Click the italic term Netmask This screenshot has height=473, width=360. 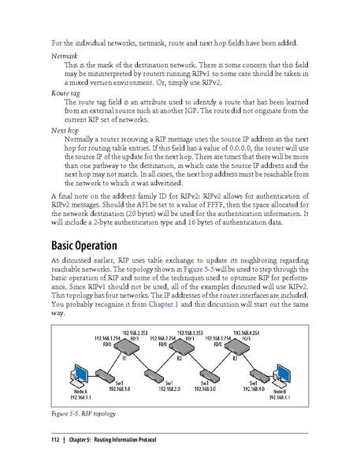[65, 56]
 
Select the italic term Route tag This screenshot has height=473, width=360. [66, 91]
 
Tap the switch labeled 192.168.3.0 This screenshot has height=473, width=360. [207, 374]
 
